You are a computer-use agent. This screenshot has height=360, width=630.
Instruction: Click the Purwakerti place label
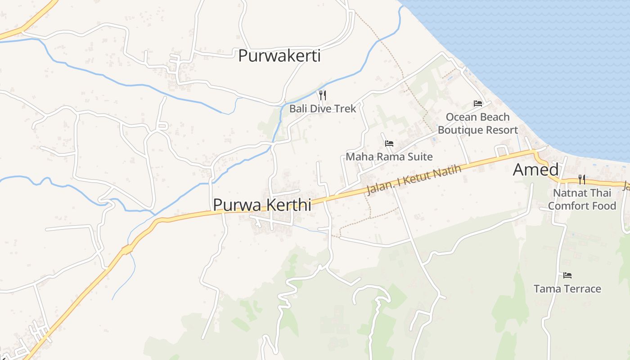tap(279, 56)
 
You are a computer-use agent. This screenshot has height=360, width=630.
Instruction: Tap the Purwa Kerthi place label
tap(262, 205)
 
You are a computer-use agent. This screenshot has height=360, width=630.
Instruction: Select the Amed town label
tap(535, 170)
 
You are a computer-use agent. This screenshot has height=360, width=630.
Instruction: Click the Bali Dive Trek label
tap(322, 108)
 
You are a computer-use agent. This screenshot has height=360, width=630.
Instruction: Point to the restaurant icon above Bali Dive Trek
tap(322, 95)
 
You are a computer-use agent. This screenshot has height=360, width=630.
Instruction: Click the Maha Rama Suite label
tap(389, 157)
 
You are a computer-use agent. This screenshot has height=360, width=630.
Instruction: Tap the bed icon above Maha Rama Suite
tap(389, 144)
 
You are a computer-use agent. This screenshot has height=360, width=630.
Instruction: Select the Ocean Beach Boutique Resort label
tap(478, 123)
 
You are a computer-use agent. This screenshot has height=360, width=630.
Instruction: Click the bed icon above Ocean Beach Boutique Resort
tap(478, 103)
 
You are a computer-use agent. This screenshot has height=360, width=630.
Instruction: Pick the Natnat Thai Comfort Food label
tap(582, 199)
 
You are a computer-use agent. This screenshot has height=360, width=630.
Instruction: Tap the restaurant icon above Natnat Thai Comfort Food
tap(582, 180)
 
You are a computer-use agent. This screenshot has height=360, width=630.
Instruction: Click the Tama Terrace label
tap(567, 288)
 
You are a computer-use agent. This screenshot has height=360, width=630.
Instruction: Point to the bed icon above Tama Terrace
tap(567, 275)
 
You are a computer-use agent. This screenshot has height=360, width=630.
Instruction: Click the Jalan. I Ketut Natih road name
tap(414, 180)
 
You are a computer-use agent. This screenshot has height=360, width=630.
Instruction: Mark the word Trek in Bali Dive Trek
tap(346, 108)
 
